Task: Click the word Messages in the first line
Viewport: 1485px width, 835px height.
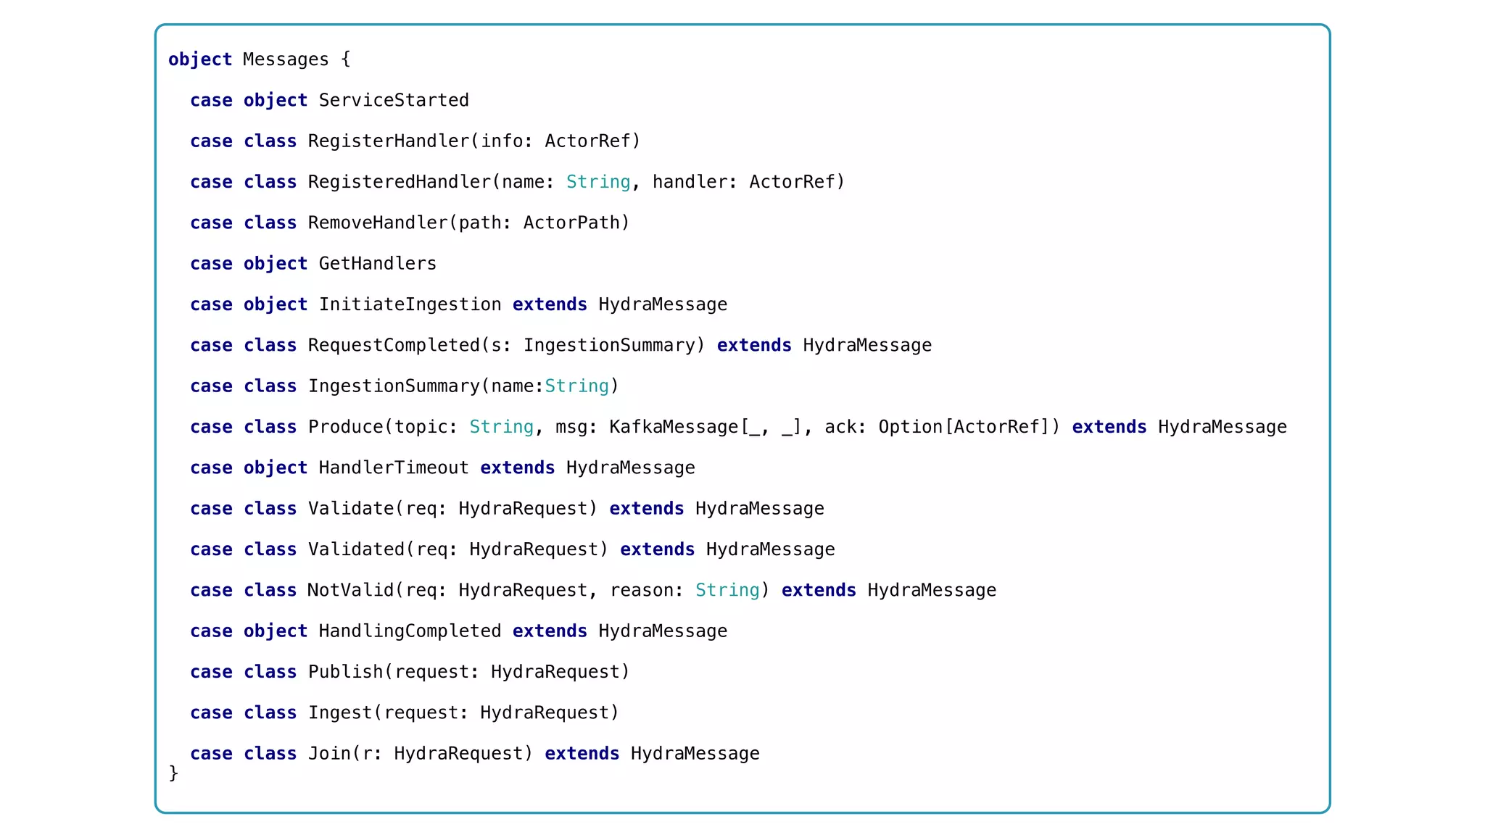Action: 285,59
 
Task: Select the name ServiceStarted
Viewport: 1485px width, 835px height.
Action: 394,100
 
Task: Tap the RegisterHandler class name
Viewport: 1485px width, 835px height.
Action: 389,141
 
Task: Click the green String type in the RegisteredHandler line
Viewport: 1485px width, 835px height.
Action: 597,182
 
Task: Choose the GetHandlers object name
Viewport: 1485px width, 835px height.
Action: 377,264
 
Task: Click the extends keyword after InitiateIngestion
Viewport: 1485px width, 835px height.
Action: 549,304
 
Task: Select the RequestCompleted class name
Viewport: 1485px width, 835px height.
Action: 394,345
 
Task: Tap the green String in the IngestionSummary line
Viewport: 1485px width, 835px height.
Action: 576,386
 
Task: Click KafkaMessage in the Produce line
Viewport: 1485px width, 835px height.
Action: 673,427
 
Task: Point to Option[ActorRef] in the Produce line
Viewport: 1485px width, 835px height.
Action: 964,427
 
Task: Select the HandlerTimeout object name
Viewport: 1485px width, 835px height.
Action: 394,468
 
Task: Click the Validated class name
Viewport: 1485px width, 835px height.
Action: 356,549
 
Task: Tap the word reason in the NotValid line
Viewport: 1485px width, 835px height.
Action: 641,591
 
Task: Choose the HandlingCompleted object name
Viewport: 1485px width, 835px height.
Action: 410,631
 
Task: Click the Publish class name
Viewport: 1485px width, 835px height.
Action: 345,672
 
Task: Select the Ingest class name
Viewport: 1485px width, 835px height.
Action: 339,713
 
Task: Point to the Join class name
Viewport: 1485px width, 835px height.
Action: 329,754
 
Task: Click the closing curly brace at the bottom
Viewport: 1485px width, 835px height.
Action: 173,773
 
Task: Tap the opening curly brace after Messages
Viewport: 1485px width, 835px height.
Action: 346,59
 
